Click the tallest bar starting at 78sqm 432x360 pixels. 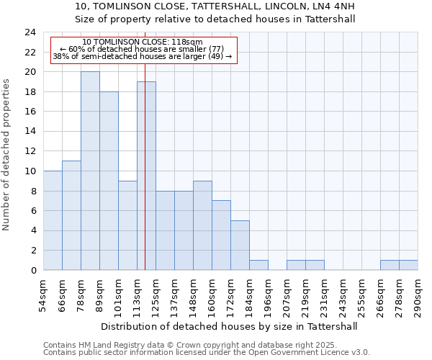coord(90,171)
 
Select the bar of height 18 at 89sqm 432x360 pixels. coord(109,181)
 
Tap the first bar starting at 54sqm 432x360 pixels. coord(53,220)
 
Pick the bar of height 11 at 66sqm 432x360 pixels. coord(71,215)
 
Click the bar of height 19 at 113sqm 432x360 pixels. coord(146,176)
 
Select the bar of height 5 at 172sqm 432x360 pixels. coord(240,246)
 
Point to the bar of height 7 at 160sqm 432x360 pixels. coord(221,235)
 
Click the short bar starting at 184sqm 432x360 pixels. coord(258,265)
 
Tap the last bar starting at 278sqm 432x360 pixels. coord(408,265)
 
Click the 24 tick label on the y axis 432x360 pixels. coord(30,32)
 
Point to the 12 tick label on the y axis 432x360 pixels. coord(30,151)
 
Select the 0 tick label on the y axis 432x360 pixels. coord(32,271)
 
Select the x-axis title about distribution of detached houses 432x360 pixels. coord(229,326)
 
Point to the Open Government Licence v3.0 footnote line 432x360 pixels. coord(207,353)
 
